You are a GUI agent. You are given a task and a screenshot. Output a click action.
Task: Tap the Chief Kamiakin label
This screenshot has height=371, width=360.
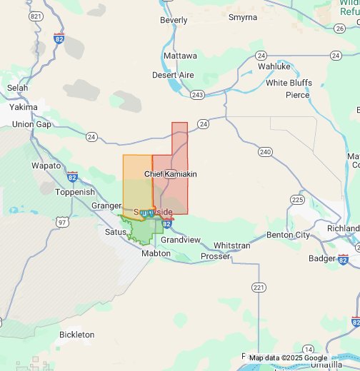pos(170,174)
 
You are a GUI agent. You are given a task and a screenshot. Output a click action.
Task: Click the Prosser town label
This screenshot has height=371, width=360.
pos(215,256)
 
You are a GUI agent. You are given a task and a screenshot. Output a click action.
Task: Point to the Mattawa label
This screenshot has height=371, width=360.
pos(180,55)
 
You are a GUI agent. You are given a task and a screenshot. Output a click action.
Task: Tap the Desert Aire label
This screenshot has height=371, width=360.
pos(173,75)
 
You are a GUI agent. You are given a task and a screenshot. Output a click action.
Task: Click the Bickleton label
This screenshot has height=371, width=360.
pos(76,334)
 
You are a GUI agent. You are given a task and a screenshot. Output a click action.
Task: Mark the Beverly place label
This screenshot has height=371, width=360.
pos(174,21)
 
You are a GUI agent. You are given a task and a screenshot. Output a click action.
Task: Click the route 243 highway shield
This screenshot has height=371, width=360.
pos(198,95)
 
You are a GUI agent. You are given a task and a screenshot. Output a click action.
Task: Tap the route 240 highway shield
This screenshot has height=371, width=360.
pos(266,152)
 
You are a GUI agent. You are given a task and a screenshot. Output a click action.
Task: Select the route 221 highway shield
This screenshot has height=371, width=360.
pos(258,287)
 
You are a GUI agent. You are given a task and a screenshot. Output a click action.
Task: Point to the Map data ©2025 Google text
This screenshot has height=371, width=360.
pos(288,358)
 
